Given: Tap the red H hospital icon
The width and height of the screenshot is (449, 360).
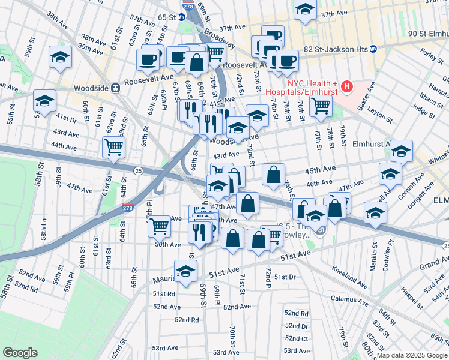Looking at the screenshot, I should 346,88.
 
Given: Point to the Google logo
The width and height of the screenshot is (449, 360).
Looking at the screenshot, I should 20,352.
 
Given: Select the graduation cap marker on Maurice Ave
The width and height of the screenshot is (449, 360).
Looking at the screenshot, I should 186,271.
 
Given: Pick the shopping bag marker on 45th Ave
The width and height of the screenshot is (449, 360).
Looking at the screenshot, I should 273,175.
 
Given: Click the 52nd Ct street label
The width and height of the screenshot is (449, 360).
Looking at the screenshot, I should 297,338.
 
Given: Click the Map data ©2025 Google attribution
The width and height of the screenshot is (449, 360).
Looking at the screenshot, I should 411,355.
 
